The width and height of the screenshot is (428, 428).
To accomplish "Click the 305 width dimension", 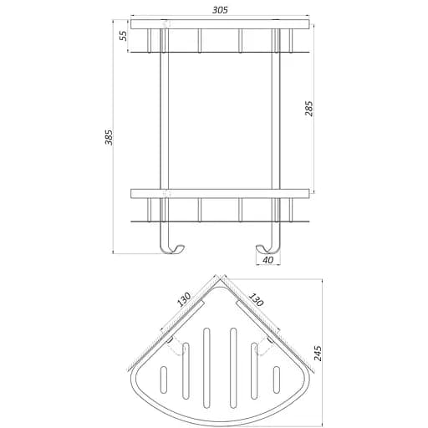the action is pos(220,10).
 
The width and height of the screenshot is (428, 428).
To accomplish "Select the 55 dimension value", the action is pos(123,36).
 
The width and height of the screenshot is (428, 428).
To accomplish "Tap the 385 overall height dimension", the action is pos(109,137).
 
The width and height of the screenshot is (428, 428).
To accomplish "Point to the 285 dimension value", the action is pos(309,109).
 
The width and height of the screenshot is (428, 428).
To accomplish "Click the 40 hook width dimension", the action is pos(267,260).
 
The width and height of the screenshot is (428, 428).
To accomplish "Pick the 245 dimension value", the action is pos(318,353).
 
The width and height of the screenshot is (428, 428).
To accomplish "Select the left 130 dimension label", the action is pos(184,299).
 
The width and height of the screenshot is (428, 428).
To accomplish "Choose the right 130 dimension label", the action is pos(255,299).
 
